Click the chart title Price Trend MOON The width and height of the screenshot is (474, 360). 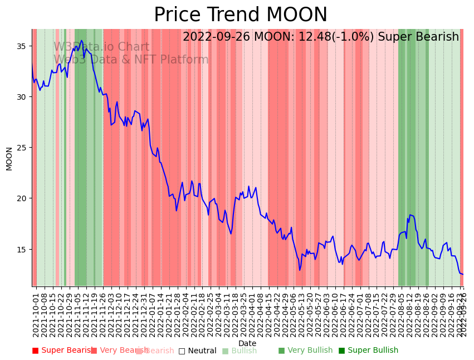[241, 15]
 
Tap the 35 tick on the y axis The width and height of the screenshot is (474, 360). [23, 46]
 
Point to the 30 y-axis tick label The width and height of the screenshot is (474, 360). [23, 96]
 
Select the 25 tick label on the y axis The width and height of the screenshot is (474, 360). [23, 148]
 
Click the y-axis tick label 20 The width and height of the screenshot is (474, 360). [23, 198]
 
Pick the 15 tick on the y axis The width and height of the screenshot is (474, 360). [23, 249]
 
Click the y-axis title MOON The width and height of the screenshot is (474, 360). [9, 158]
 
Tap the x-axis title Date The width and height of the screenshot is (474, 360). [247, 344]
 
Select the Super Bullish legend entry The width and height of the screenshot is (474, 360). [368, 351]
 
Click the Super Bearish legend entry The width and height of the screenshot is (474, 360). [62, 351]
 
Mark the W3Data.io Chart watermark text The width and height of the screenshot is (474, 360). [101, 47]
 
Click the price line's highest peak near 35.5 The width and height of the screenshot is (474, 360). [82, 40]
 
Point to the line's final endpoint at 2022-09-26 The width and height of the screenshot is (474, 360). [463, 274]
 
